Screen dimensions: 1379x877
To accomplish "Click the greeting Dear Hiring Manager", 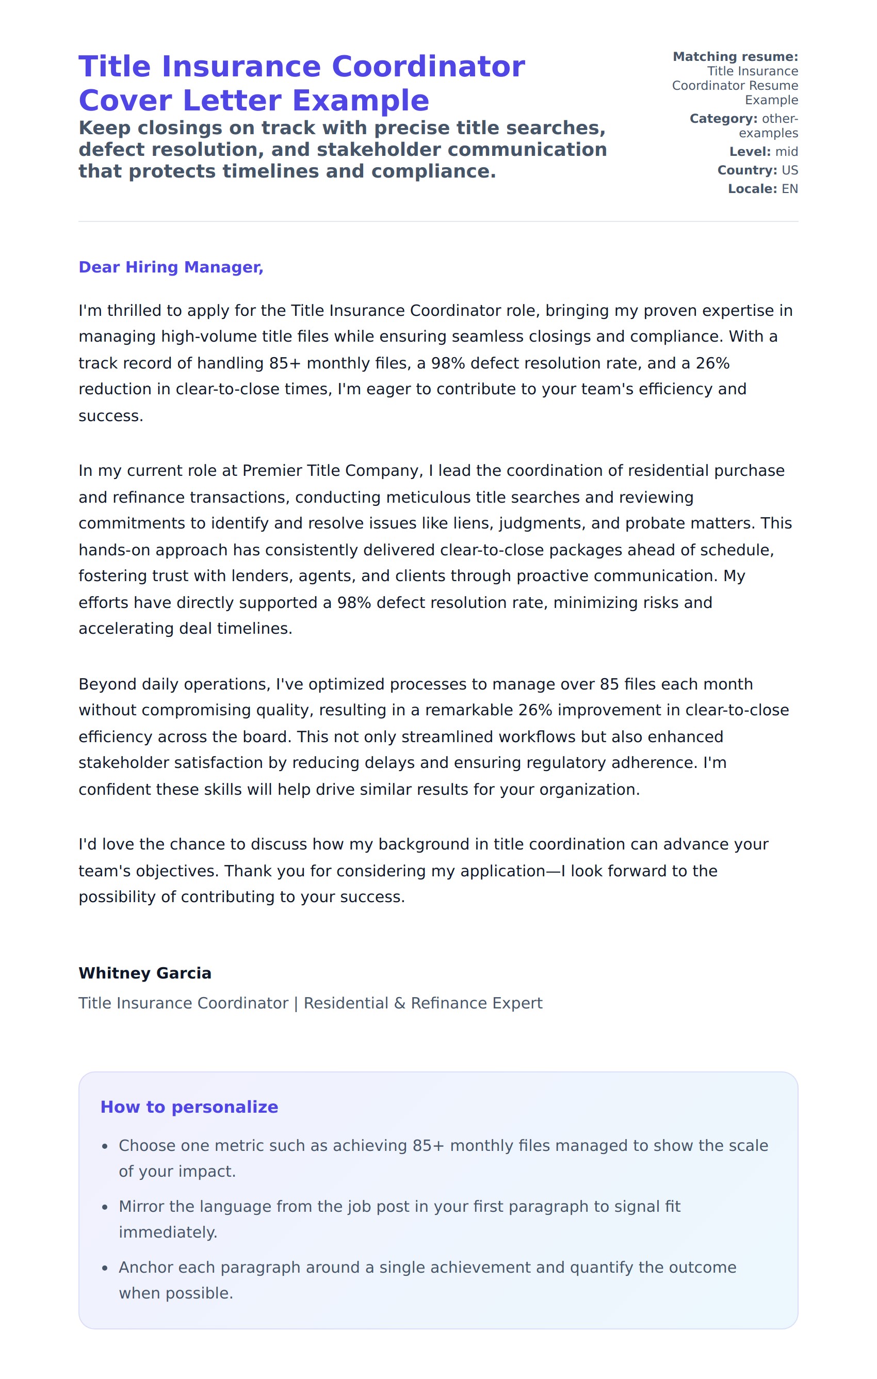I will [171, 267].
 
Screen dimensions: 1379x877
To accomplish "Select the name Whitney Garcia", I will [145, 973].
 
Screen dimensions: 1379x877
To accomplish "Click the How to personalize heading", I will [189, 1107].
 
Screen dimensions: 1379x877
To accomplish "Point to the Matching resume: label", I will [735, 57].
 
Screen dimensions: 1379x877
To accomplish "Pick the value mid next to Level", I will [787, 152].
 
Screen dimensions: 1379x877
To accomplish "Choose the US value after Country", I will [789, 170].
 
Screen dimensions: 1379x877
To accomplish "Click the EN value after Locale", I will [789, 189].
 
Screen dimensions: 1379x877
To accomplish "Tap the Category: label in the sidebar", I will [723, 119].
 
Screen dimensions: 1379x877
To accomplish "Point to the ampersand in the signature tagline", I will [400, 1003].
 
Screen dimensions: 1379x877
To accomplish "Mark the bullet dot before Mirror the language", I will [105, 1208].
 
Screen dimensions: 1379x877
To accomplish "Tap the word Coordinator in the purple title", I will [428, 67].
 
